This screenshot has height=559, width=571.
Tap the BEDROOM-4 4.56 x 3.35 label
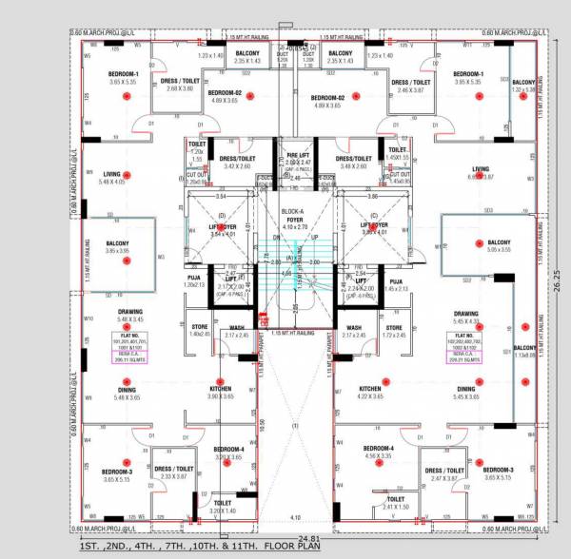click(378, 452)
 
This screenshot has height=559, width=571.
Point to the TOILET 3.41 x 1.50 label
click(395, 503)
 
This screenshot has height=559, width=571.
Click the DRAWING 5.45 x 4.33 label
click(466, 318)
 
